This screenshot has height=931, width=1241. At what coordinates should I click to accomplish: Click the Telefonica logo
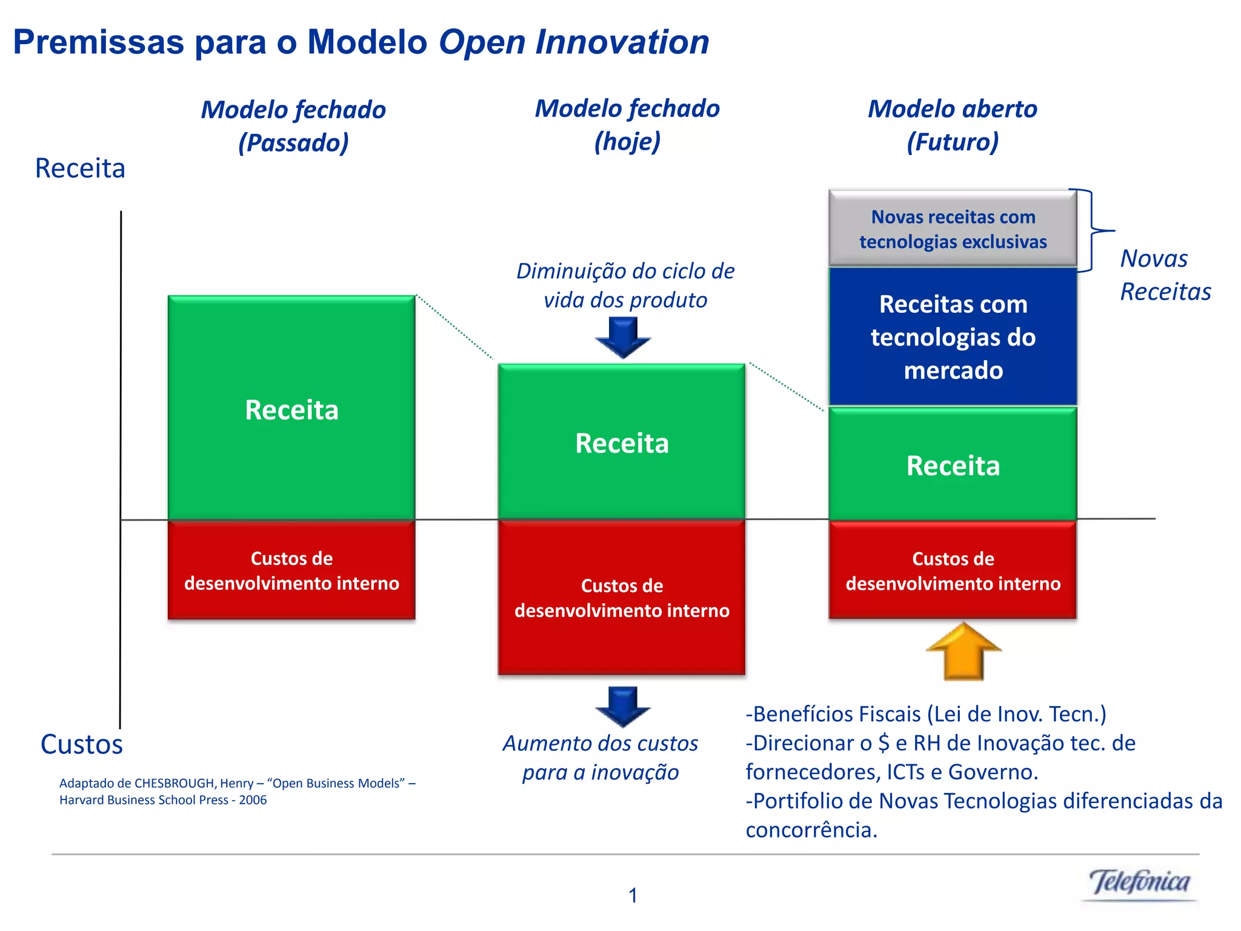click(x=1139, y=883)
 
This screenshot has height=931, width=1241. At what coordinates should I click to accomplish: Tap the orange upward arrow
click(x=963, y=652)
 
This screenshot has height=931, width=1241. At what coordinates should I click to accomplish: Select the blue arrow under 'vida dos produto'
click(x=623, y=337)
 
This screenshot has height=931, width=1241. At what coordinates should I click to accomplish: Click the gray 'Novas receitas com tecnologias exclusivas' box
click(x=953, y=229)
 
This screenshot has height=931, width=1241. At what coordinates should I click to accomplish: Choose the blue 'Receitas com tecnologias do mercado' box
click(x=953, y=337)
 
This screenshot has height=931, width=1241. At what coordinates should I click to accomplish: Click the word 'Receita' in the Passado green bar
click(x=291, y=410)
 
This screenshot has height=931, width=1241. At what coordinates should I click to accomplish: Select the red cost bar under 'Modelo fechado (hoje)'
click(x=622, y=598)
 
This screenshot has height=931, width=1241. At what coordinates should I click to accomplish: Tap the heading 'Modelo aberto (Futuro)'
click(x=953, y=125)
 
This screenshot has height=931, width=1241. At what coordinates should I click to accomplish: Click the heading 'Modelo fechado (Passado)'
click(x=293, y=126)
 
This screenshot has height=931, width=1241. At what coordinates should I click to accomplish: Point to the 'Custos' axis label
click(x=81, y=744)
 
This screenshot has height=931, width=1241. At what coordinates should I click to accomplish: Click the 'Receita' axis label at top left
click(x=80, y=168)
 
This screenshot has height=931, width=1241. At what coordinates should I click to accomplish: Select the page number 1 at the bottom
click(x=633, y=895)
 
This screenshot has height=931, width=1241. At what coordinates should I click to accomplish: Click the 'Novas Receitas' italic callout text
click(x=1165, y=275)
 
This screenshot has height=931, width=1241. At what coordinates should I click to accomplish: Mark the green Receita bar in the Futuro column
click(x=953, y=464)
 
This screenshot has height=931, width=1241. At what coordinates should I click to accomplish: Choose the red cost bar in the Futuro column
click(x=953, y=570)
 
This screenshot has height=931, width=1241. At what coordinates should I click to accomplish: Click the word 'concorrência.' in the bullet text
click(x=811, y=830)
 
